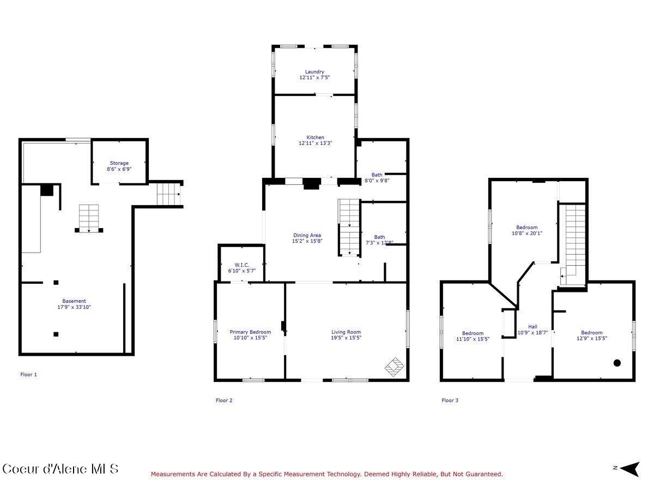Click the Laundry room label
click(314, 71)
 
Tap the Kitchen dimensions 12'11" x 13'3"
click(315, 143)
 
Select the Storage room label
click(119, 163)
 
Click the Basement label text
click(74, 301)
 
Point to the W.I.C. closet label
click(241, 265)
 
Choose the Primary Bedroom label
click(250, 332)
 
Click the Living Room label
click(346, 332)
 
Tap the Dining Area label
click(307, 235)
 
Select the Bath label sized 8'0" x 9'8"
click(377, 175)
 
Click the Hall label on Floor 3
click(532, 327)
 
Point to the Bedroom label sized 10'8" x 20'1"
click(526, 227)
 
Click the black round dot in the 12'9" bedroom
click(617, 363)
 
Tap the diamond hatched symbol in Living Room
click(395, 366)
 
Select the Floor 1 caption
click(28, 375)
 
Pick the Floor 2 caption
click(224, 400)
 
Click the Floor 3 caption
click(450, 400)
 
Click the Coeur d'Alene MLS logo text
click(60, 469)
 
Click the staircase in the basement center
click(89, 218)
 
